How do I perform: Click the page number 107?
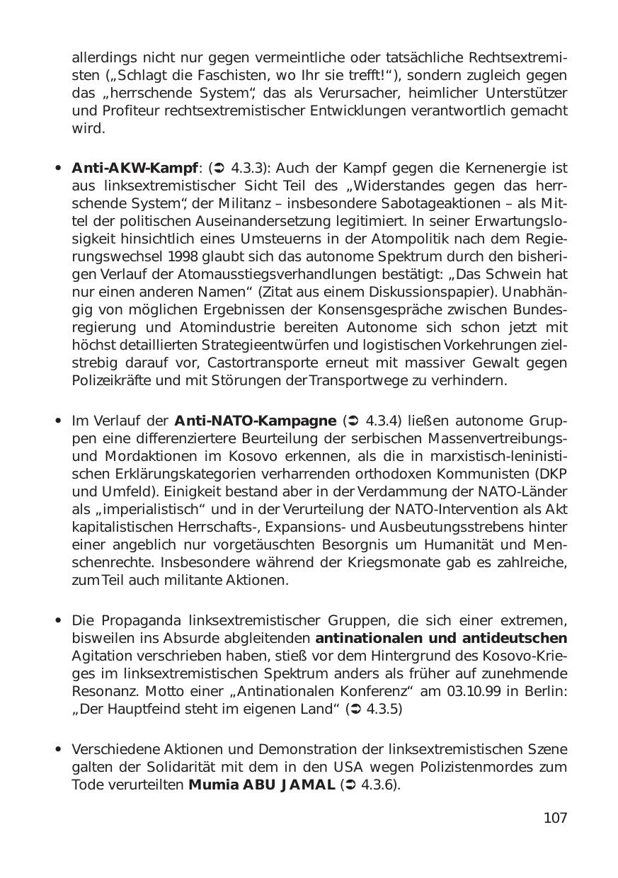[555, 818]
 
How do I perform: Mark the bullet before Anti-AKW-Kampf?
[58, 169]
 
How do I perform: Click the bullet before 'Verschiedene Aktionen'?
[58, 751]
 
